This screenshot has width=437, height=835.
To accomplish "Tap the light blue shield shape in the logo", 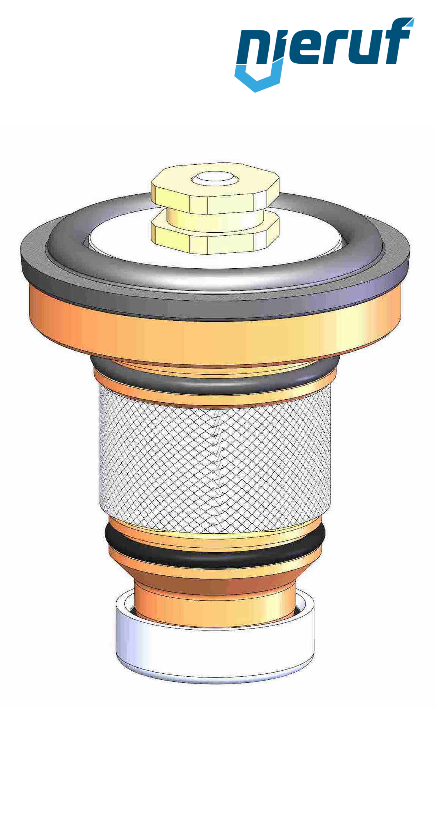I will point(258,78).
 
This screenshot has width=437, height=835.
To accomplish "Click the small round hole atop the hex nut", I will point(214,178).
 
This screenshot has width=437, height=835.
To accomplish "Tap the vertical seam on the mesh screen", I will point(218,467).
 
